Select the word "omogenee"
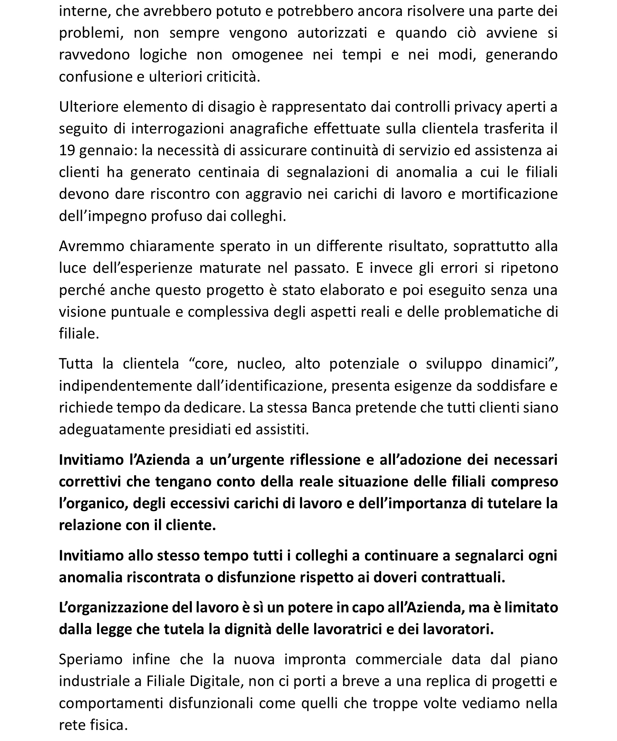[x=268, y=55]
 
